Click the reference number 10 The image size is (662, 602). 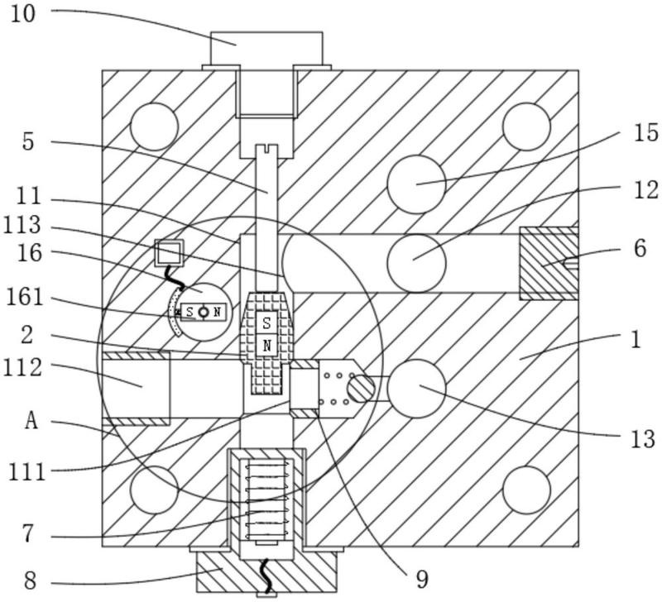point(23,14)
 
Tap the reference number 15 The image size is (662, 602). point(645,132)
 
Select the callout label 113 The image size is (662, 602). point(22,225)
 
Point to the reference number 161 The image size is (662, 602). point(25,297)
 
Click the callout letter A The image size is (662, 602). point(31,421)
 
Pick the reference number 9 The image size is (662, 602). point(422,580)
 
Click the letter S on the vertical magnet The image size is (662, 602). point(266,323)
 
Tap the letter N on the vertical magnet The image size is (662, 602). point(266,346)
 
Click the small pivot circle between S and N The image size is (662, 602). point(204,313)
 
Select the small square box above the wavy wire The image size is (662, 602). point(170,253)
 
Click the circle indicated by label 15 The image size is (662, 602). point(416,184)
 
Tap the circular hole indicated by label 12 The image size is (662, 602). point(416,263)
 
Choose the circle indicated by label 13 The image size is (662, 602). point(416,389)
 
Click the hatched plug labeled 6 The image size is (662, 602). point(549,263)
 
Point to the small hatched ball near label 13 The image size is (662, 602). point(361,388)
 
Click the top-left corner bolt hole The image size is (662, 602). point(154,127)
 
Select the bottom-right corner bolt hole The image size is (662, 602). point(526,490)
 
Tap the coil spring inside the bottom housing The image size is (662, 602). point(267,500)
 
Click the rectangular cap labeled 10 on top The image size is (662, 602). point(266,50)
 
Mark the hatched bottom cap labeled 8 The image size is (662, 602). point(266,571)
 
